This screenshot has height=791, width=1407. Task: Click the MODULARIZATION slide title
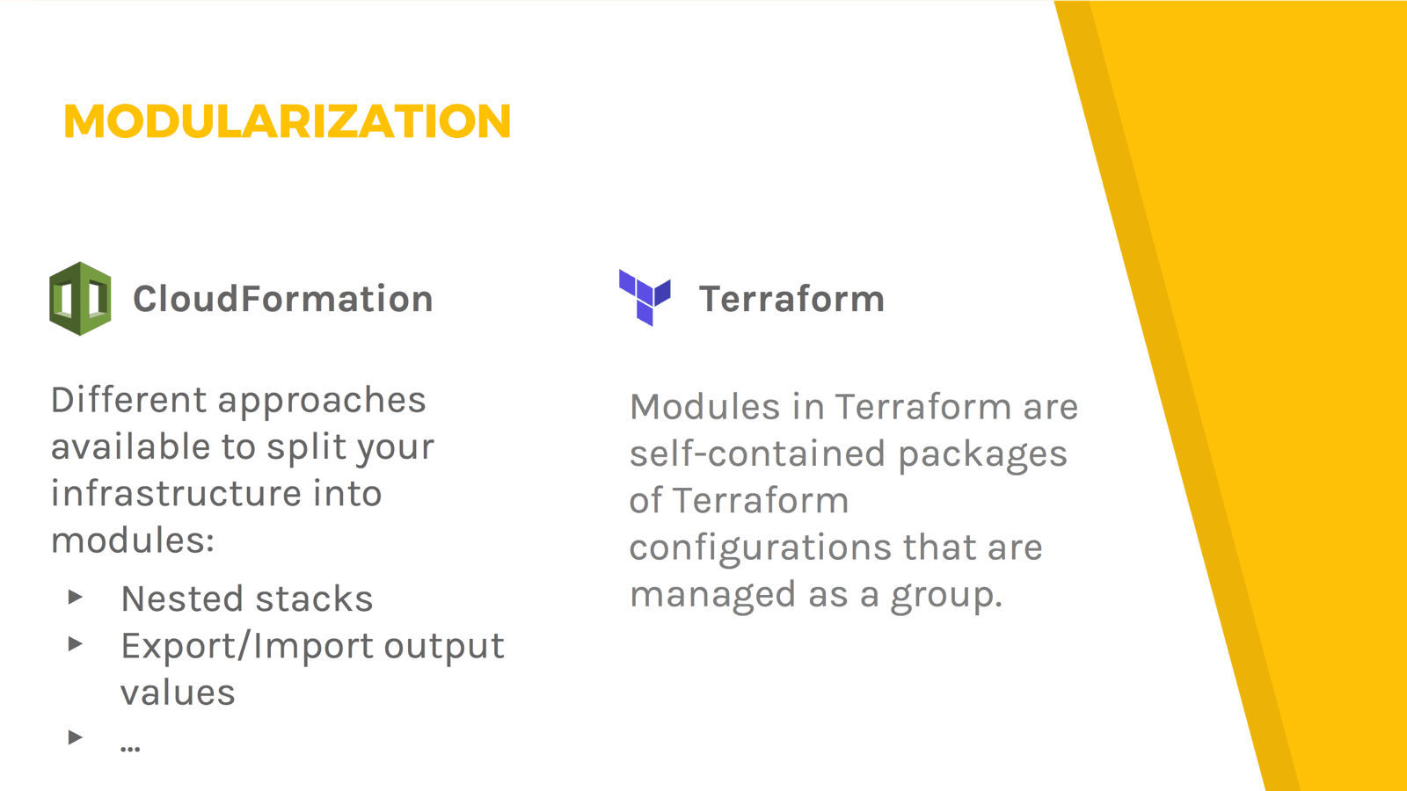click(x=287, y=120)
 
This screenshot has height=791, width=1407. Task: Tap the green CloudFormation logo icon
click(x=80, y=298)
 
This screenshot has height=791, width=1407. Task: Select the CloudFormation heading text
click(x=282, y=298)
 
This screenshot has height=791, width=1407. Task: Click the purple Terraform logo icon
click(x=645, y=298)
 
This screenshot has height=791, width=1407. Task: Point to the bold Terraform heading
click(x=791, y=299)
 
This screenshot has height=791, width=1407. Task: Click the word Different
click(x=128, y=400)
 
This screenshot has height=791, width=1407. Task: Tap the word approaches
click(x=322, y=403)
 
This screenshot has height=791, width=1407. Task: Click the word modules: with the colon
click(x=133, y=540)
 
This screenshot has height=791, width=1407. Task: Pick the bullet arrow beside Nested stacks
click(x=76, y=597)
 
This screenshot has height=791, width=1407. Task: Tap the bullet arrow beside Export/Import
click(x=76, y=643)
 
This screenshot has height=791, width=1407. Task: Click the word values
click(x=178, y=693)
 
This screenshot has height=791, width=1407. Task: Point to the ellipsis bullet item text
click(x=130, y=747)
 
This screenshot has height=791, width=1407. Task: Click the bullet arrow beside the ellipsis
click(x=76, y=737)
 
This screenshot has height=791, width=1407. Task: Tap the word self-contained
click(x=757, y=454)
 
